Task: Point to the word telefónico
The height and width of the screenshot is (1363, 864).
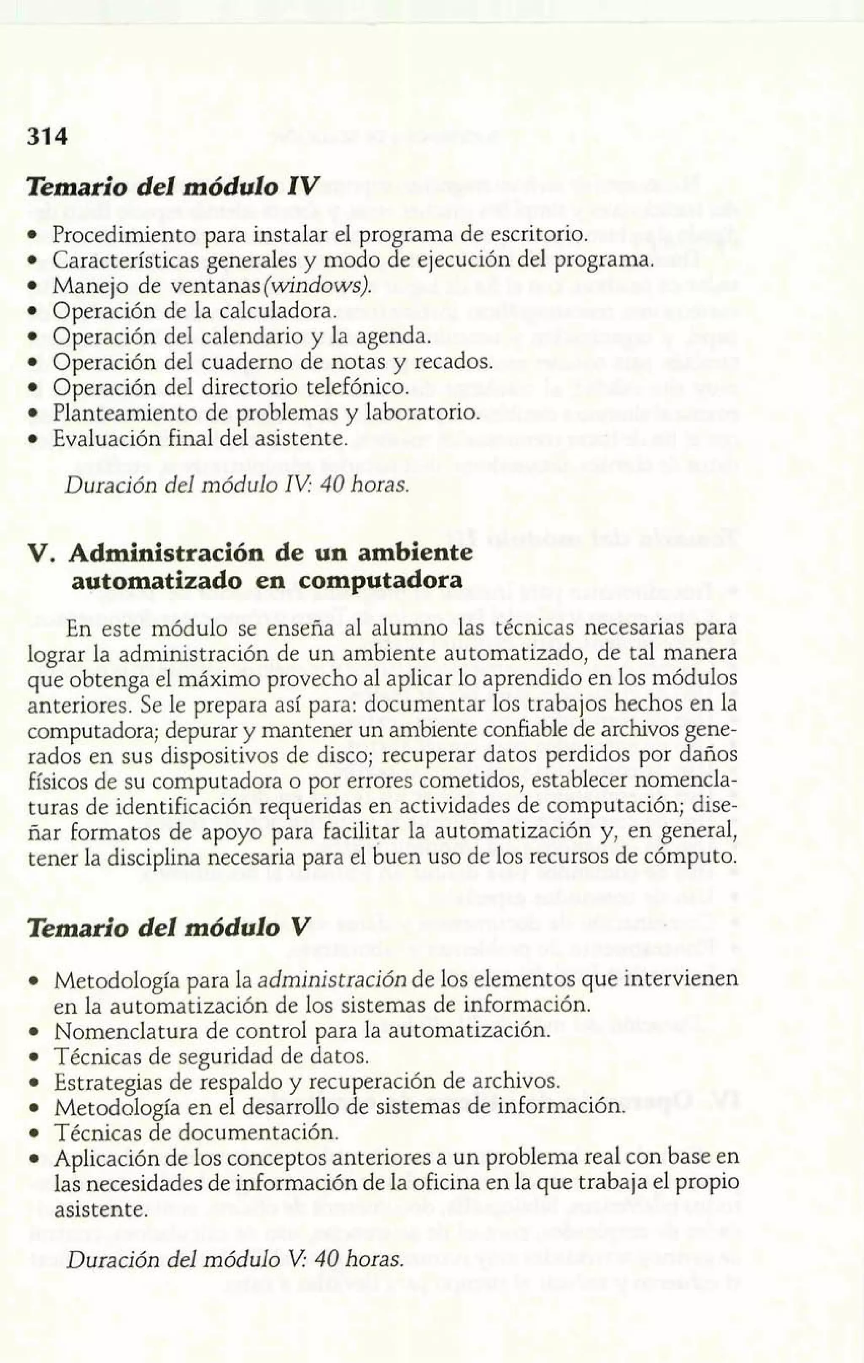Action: click(x=356, y=388)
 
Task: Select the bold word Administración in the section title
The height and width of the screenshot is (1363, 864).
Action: click(x=165, y=553)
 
